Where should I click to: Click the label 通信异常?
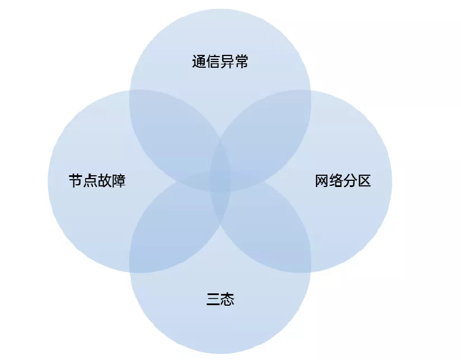(220, 62)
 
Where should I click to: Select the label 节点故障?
(97, 181)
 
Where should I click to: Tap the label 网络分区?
(342, 181)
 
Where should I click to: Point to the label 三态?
(220, 300)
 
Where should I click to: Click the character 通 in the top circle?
(199, 62)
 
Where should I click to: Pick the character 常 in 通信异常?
(241, 62)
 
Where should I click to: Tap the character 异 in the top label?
(227, 62)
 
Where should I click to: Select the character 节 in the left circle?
(76, 181)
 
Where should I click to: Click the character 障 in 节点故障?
(119, 181)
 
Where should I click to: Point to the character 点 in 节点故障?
(90, 181)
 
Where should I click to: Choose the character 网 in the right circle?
(322, 181)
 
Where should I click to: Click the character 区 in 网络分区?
(364, 181)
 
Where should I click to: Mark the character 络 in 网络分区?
(336, 181)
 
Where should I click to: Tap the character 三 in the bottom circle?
(213, 300)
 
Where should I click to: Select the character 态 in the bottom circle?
(227, 300)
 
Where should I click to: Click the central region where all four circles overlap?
(220, 181)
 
